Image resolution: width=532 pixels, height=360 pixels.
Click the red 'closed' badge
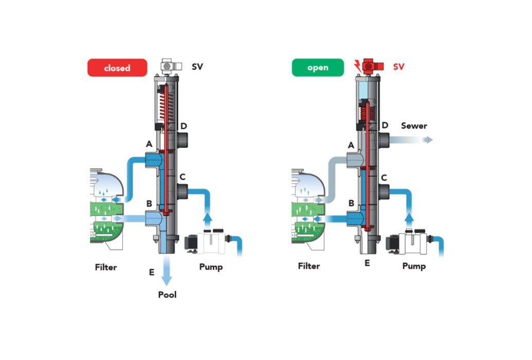[117, 67]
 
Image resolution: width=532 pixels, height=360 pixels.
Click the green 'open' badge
[318, 67]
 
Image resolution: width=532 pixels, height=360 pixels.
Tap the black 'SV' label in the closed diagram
[197, 66]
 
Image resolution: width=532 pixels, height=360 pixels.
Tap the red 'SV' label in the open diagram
[399, 66]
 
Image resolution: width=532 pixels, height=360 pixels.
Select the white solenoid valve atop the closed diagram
[170, 66]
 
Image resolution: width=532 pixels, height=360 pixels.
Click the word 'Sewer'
[414, 125]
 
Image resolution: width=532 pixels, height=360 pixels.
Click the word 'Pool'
[167, 295]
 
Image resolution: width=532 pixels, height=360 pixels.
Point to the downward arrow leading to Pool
[166, 271]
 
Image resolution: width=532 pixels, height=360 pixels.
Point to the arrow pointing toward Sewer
[411, 139]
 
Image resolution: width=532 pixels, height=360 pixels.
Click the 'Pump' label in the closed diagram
[211, 267]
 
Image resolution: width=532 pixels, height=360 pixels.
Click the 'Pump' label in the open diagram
[414, 266]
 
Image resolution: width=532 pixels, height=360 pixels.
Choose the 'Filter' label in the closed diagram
[106, 267]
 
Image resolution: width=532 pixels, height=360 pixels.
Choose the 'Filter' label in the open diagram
[309, 266]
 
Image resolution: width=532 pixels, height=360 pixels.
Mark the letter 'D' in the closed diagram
[184, 127]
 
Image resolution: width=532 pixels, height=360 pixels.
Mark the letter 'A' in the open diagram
[351, 146]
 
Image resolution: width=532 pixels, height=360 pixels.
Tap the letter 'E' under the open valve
[367, 263]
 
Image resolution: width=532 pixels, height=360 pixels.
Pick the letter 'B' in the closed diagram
[149, 204]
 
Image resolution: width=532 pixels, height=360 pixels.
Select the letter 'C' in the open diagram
[384, 178]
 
